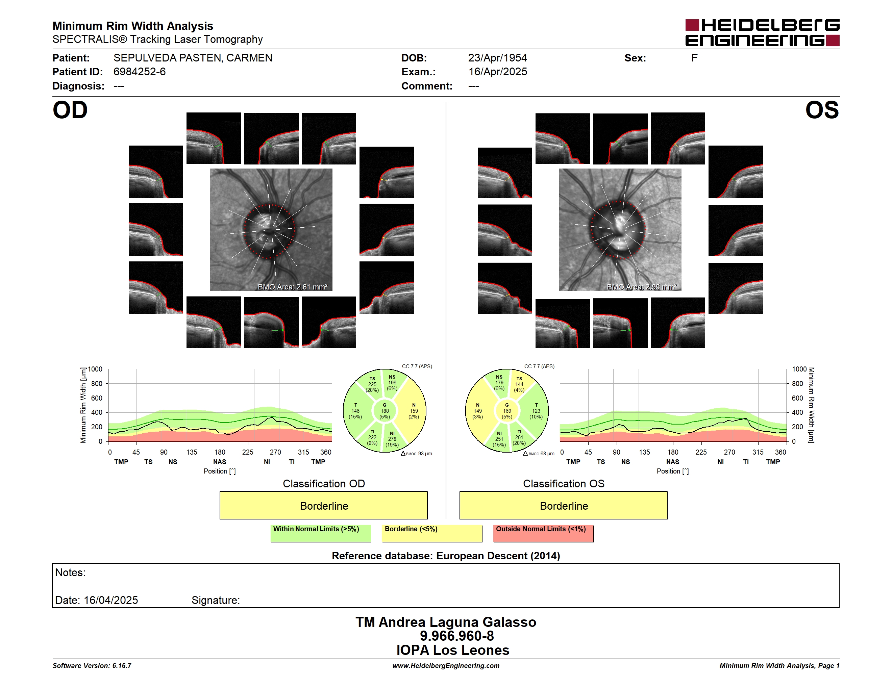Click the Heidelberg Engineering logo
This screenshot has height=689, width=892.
pos(762,33)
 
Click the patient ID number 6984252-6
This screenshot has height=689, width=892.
pos(140,72)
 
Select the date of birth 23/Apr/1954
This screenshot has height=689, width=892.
pos(497,58)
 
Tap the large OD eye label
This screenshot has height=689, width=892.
pos(70,110)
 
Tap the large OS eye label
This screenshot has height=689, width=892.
pos(822,110)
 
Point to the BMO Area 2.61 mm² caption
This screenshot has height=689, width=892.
pos(292,287)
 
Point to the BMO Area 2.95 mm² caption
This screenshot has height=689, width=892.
pos(642,287)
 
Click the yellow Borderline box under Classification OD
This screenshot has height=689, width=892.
pos(323,505)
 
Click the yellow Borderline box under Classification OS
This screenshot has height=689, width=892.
pos(564,505)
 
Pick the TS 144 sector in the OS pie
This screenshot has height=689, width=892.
pos(519,384)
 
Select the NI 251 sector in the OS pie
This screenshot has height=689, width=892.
pos(499,439)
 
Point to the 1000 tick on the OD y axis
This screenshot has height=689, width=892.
pos(95,369)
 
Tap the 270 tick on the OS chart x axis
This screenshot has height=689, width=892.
pos(729,452)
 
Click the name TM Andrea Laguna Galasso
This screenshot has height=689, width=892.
pos(446,622)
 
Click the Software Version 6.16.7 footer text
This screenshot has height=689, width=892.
pos(92,666)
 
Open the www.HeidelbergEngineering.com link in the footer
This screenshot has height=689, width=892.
pos(446,666)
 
